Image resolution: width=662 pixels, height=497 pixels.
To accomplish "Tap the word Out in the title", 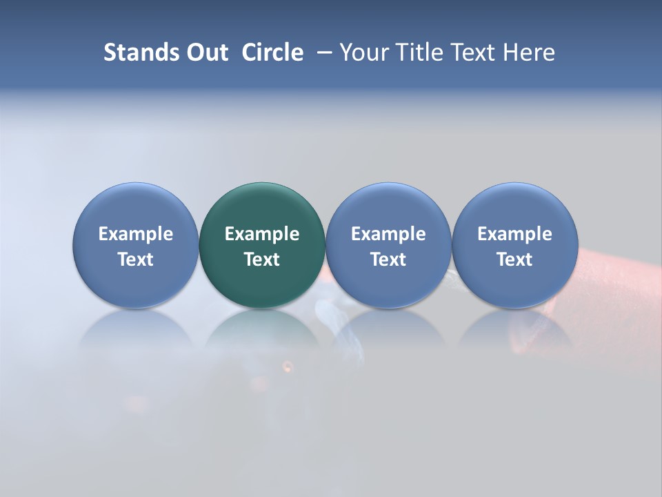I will coord(205,52).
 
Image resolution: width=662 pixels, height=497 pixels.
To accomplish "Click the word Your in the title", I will coord(363,52).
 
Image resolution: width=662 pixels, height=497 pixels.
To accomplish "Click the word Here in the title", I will coord(528,52).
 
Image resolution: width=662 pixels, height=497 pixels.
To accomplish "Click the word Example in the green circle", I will coord(262,235).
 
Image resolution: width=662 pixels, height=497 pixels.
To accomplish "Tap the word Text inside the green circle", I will coord(262,260).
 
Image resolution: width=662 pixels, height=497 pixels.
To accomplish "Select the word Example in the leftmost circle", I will coord(135,235).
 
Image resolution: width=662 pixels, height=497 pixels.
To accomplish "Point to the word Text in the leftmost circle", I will coord(135,260).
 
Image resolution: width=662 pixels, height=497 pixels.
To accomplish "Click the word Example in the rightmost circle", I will coord(514,235).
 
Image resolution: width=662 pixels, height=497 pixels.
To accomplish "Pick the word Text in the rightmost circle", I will coord(514,260).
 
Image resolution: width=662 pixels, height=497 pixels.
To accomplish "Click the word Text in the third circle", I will coord(388,260).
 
